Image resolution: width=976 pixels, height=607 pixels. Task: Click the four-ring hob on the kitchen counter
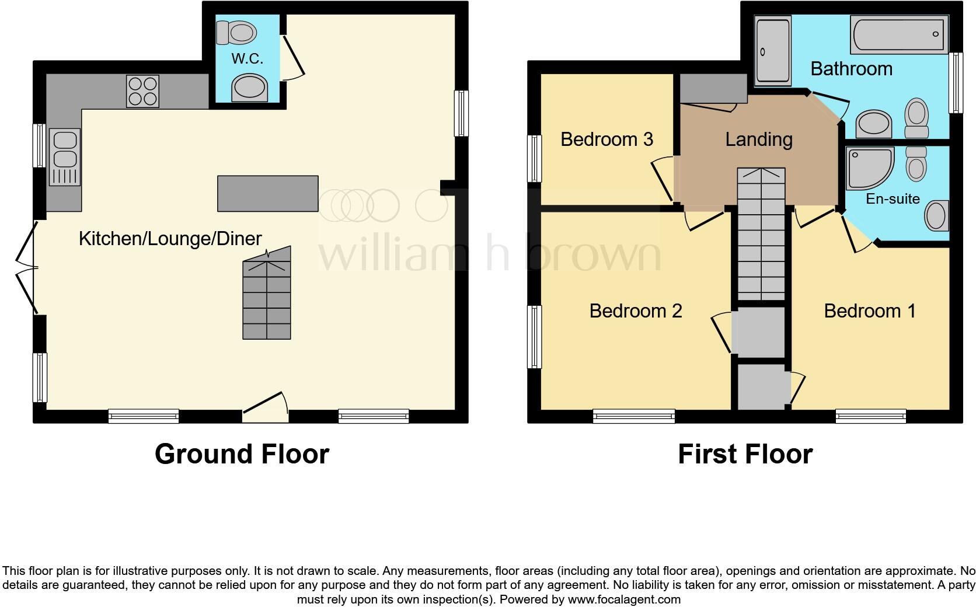coord(142,92)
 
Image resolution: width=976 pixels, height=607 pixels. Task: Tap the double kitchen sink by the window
coord(65,156)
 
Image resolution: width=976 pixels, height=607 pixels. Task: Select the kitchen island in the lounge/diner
coord(268,193)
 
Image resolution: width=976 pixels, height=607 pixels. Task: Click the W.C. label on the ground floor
coord(247,58)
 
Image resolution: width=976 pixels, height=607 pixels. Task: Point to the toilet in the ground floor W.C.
coord(236,32)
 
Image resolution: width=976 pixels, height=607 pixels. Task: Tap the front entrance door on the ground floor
coord(266,407)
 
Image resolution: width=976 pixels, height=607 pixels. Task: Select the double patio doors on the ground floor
coord(26,268)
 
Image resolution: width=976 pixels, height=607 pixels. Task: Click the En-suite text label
coord(893,199)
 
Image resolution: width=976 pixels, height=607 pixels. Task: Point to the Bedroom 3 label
coord(606,139)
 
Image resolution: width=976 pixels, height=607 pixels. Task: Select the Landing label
coord(759,139)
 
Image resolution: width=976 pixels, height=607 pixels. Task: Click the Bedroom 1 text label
coord(870,311)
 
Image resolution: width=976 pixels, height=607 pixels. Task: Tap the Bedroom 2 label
coord(636,311)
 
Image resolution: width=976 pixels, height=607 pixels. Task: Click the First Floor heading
coord(745,454)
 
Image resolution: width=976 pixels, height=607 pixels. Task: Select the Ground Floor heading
coord(242,454)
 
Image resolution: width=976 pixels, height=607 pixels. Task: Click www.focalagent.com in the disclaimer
coord(624,599)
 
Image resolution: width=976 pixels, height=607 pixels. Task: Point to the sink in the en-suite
coord(935,216)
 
